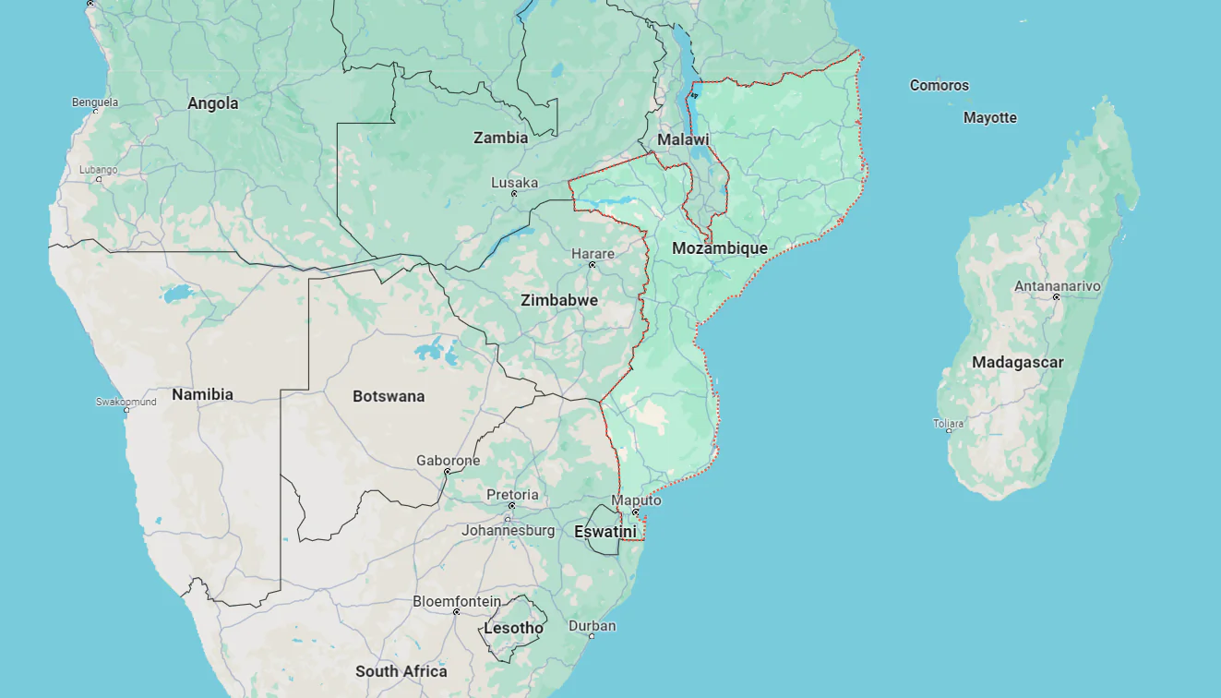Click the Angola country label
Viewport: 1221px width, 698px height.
213,103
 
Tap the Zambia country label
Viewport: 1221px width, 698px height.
501,138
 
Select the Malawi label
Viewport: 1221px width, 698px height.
683,139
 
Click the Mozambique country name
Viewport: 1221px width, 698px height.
720,248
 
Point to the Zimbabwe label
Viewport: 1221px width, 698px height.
559,300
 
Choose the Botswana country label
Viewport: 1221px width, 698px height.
389,396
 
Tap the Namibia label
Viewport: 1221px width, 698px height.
202,394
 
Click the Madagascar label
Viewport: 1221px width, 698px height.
1017,362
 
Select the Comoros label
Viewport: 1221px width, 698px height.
940,85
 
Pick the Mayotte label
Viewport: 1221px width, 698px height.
990,117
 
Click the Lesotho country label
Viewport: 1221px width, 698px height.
514,628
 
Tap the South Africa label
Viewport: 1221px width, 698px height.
401,671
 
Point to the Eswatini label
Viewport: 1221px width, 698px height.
605,532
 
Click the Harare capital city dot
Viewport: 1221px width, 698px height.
593,265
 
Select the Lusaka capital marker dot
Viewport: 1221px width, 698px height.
514,194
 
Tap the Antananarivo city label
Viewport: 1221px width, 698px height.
1058,286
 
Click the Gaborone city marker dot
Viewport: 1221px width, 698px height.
448,472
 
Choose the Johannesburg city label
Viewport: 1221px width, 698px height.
509,530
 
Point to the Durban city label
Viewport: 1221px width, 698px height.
592,626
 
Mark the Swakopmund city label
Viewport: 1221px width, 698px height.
126,402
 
